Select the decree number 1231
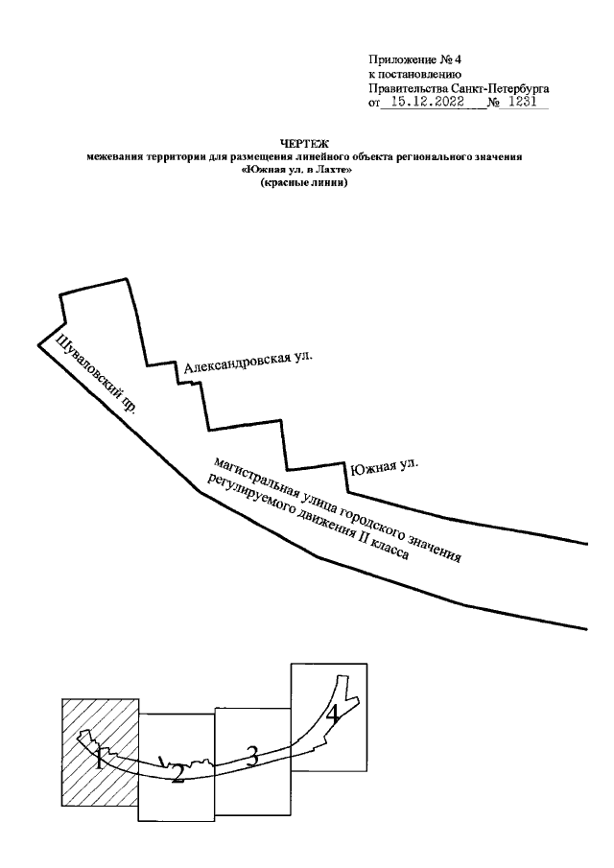[524, 101]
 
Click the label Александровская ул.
[248, 362]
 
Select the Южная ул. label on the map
[384, 467]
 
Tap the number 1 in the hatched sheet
[99, 761]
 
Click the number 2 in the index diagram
[177, 774]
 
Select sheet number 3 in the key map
[252, 756]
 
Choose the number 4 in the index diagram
[332, 714]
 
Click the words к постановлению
[415, 73]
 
